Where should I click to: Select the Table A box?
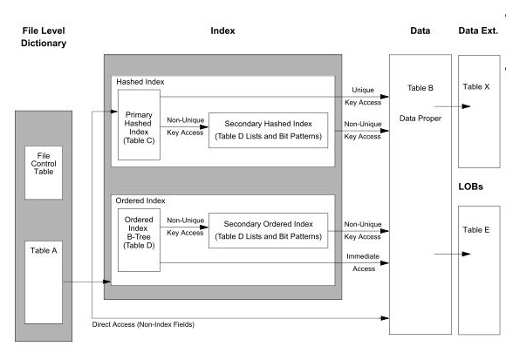tap(44, 279)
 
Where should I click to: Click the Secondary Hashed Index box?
tap(268, 129)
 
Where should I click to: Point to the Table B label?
tap(421, 89)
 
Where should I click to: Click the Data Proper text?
tap(421, 115)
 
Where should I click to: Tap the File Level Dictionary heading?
tap(44, 36)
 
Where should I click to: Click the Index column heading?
tap(222, 31)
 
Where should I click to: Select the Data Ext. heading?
tap(477, 31)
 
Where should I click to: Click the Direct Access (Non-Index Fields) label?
tap(144, 324)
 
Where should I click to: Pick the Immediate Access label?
tap(361, 262)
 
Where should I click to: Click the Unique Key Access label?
tap(362, 95)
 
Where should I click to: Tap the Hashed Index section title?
tap(140, 81)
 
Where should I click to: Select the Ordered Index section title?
tap(141, 200)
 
